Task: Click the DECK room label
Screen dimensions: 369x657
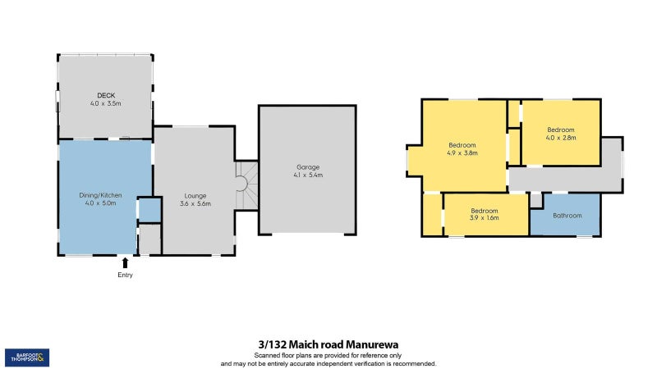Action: pos(104,95)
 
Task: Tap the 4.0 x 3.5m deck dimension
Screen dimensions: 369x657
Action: pos(105,104)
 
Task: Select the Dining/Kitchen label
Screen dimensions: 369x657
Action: pos(100,194)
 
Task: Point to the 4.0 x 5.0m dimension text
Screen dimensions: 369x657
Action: pos(100,203)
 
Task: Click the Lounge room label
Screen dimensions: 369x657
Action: pos(195,195)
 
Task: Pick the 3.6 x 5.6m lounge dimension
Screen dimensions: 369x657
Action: pos(195,204)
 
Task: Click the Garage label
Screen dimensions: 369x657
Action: pos(308,166)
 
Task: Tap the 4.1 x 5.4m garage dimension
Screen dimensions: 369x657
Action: pos(308,175)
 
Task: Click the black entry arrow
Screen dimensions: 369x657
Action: pos(125,262)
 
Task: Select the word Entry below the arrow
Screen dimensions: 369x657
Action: pos(125,275)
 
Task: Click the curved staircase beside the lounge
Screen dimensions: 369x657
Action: pos(245,185)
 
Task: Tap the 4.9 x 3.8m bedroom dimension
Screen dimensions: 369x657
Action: pos(462,153)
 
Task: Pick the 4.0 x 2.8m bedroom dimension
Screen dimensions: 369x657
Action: pos(561,138)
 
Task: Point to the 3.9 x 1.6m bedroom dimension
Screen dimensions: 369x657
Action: pos(485,218)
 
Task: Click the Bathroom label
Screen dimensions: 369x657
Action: pos(567,216)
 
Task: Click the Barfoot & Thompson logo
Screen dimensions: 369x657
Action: pos(27,357)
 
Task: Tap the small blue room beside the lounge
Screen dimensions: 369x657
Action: pos(149,210)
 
